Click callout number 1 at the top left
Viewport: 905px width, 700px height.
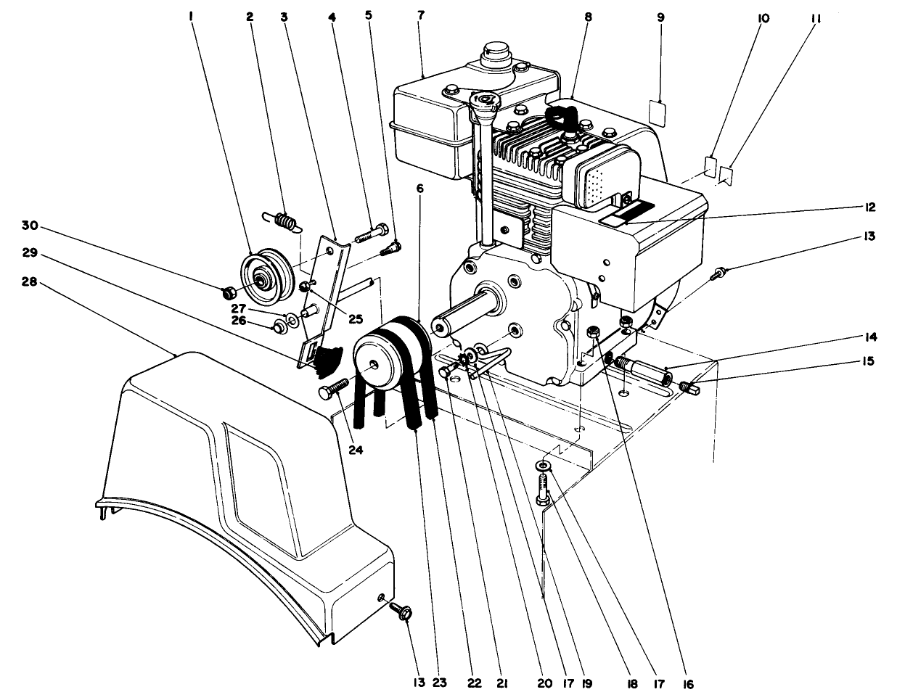click(x=191, y=16)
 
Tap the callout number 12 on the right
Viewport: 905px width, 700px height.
click(x=870, y=207)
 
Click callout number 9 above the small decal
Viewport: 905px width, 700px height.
click(x=660, y=16)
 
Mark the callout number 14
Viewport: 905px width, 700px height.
click(x=869, y=337)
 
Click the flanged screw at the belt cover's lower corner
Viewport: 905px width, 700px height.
click(x=401, y=611)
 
